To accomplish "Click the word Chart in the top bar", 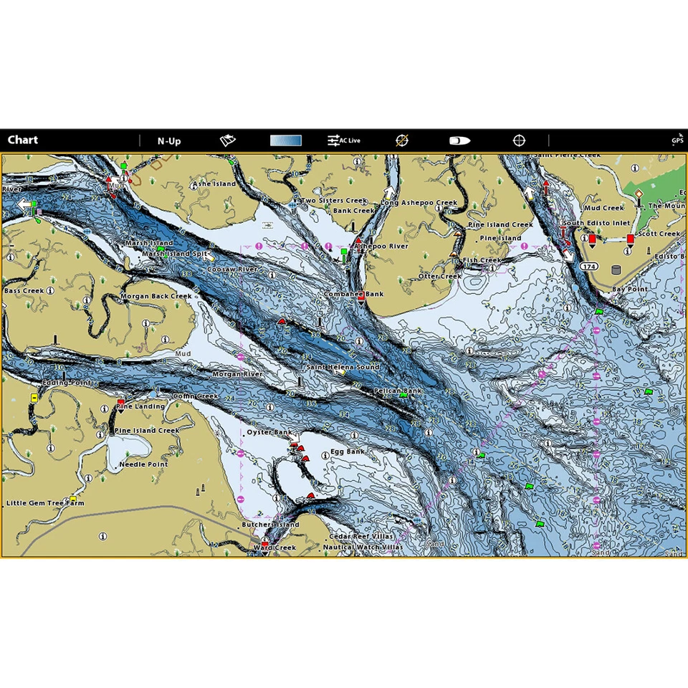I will [23, 140].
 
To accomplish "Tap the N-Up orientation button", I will [169, 140].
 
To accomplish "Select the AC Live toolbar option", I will [344, 140].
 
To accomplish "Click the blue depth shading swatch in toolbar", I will [285, 140].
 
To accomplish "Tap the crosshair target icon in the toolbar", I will [519, 140].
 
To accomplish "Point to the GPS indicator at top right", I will [677, 140].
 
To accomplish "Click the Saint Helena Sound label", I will [343, 367].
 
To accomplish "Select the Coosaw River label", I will [232, 269].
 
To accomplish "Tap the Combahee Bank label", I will [353, 294].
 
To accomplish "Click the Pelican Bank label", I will [398, 391].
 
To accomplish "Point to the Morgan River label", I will [237, 374].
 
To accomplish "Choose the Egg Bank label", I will [348, 451].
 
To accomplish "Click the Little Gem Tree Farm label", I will [45, 503].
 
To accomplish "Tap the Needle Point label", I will [143, 464].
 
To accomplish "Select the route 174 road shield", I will [589, 267].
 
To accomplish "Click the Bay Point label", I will [629, 289].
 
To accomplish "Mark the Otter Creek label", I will [439, 276].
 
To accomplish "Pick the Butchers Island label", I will [270, 525].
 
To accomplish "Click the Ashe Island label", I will [214, 184].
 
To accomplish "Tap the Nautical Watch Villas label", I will [363, 547].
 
